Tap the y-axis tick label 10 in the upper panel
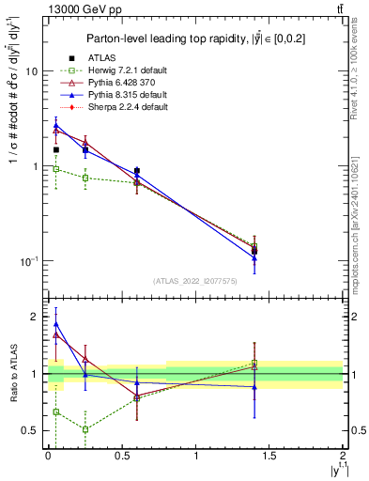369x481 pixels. coord(31,71)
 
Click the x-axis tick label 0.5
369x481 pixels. coord(121,454)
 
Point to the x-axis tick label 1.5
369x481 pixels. coord(269,454)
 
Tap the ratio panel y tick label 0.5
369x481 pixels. coord(31,430)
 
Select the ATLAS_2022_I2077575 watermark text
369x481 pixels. coord(195,280)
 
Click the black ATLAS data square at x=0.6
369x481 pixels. coord(137,171)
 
